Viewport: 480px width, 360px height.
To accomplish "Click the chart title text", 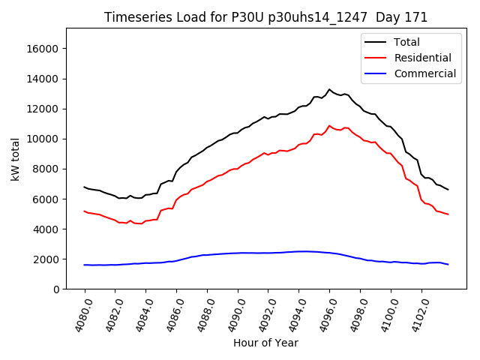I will pos(266,17).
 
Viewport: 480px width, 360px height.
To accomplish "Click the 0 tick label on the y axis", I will pos(56,289).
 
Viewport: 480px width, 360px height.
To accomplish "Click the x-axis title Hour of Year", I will pos(266,343).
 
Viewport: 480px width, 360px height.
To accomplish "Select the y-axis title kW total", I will pos(15,159).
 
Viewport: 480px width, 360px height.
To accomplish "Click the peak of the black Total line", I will pos(329,89).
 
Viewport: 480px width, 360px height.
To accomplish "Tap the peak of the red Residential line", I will pos(329,126).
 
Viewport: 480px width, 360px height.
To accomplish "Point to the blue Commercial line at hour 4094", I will pos(298,251).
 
